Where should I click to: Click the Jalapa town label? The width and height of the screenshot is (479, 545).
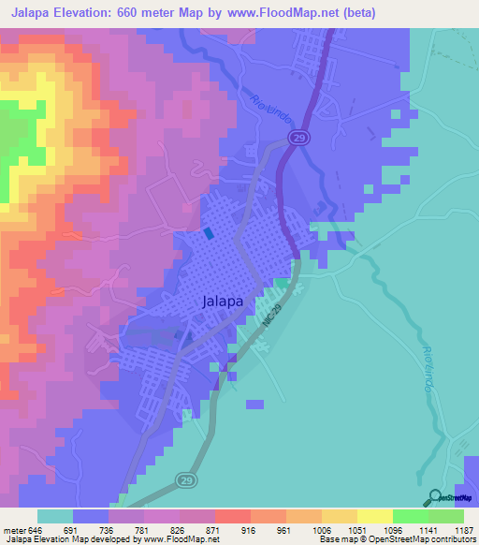point(224,302)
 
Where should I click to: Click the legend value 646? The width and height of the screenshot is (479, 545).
point(36,528)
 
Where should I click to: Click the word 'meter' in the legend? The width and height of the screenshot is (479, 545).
point(14,528)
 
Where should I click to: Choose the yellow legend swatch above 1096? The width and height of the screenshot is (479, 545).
point(374,516)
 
